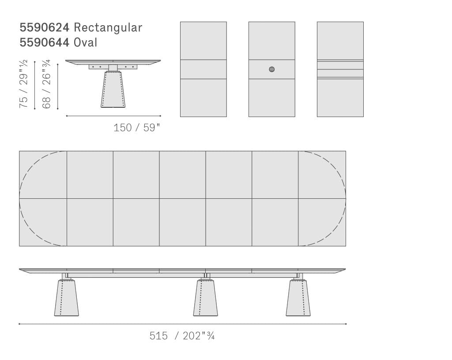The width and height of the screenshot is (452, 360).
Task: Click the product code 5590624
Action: [44, 27]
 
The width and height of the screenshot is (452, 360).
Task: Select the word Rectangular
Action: [108, 27]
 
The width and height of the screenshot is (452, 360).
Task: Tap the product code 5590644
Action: [44, 42]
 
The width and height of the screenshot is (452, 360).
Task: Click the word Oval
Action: [85, 42]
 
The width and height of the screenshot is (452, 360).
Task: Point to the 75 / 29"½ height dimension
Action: [23, 84]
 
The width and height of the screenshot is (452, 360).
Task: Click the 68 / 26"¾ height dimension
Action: [47, 84]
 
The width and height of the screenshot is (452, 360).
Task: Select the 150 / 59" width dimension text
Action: [136, 128]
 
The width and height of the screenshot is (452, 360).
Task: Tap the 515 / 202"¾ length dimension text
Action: [182, 336]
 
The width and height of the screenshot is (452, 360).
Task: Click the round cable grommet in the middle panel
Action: [271, 69]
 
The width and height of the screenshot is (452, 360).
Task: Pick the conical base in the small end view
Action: [113, 90]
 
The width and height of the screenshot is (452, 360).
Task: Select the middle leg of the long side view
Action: [205, 298]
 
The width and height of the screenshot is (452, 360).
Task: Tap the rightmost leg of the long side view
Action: [298, 298]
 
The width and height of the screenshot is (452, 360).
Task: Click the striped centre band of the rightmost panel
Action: [340, 69]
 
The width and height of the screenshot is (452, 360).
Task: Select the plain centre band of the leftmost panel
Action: [203, 69]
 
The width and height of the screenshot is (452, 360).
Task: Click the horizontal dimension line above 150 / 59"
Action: [113, 116]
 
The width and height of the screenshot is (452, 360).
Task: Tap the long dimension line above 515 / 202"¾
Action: [182, 324]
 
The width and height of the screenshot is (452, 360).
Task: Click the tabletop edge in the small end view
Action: [113, 61]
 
